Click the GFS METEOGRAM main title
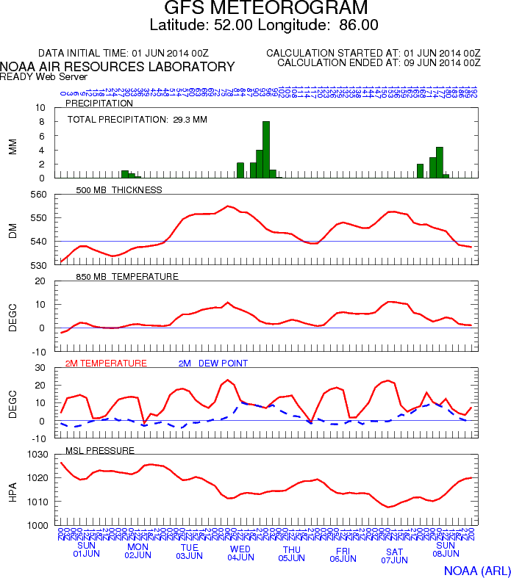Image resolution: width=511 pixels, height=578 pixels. click(265, 9)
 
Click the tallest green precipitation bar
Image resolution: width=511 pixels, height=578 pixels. click(266, 150)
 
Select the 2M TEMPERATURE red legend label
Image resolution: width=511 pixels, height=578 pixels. click(106, 363)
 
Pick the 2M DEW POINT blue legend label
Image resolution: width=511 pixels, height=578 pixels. click(213, 363)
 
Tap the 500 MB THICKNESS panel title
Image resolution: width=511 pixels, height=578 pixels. click(119, 189)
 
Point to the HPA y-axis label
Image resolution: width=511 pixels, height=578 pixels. click(12, 489)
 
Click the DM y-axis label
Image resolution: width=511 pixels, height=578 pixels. click(12, 229)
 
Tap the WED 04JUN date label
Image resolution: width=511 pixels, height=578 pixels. click(240, 552)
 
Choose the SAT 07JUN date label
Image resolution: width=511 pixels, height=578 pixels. click(395, 555)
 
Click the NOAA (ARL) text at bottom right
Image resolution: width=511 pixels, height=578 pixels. click(476, 571)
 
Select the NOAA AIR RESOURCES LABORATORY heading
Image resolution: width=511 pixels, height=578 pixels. click(118, 67)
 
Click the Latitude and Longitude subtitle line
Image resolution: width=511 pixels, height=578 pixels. click(264, 25)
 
